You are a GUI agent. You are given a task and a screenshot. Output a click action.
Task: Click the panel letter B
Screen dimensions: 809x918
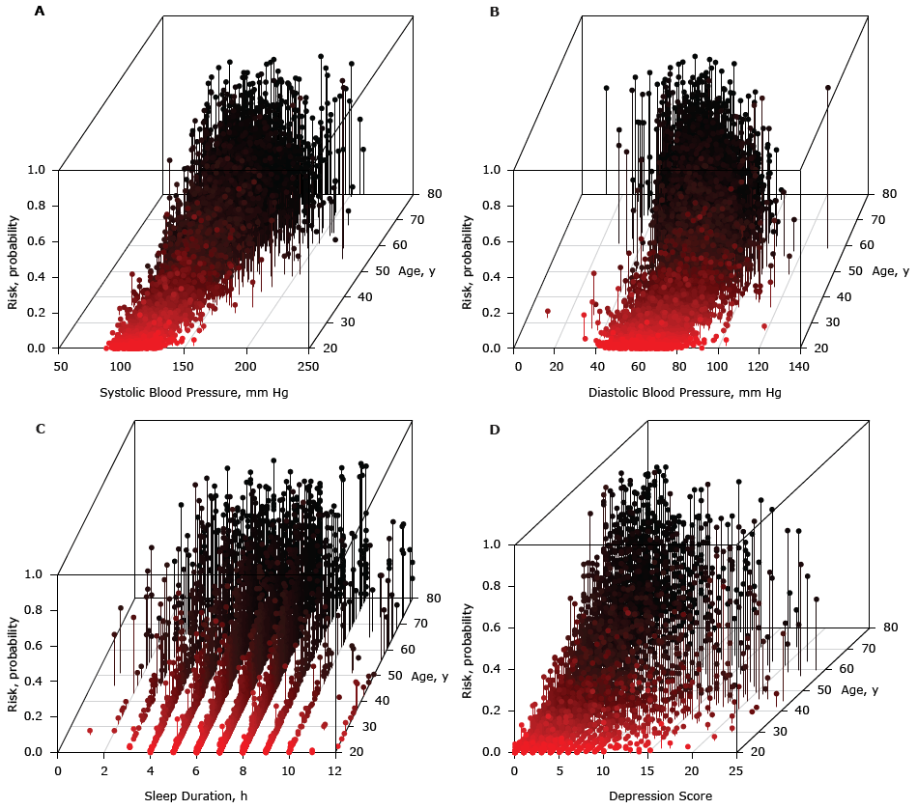(495, 12)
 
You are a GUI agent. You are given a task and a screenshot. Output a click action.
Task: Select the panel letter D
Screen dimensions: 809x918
(495, 429)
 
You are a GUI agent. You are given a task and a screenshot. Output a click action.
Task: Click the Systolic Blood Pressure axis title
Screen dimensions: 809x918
(193, 392)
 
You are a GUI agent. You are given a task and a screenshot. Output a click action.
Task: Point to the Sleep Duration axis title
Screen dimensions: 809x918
(195, 795)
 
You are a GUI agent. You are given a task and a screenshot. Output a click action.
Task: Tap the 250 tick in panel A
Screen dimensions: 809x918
(308, 367)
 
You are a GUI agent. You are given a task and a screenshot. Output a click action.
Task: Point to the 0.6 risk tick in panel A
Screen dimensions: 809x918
(37, 241)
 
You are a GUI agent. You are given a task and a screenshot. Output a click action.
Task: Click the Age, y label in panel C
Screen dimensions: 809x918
(432, 676)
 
